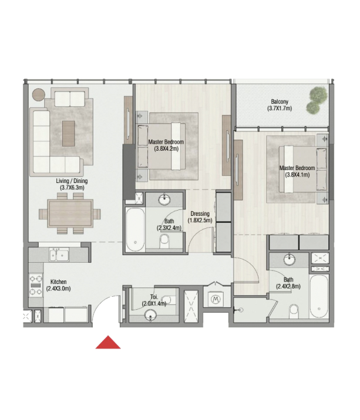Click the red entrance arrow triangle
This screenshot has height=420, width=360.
108,343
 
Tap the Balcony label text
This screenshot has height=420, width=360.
280,102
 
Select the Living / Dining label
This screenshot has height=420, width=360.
72,181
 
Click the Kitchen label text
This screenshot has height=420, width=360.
59,282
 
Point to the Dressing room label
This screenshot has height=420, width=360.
200,214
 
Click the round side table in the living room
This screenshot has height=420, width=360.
39,94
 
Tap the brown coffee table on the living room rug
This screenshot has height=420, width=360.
68,133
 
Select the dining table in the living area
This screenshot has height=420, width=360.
70,214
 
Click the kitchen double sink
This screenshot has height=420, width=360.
59,254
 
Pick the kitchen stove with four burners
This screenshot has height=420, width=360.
36,285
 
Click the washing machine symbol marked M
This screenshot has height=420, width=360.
216,300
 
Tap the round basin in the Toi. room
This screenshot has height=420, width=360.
150,315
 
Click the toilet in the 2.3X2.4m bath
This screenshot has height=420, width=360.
164,241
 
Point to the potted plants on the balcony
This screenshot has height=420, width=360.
316,100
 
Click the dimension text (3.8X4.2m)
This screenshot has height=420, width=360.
166,149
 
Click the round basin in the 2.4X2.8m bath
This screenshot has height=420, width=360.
289,259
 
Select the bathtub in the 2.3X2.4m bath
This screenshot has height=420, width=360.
135,230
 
